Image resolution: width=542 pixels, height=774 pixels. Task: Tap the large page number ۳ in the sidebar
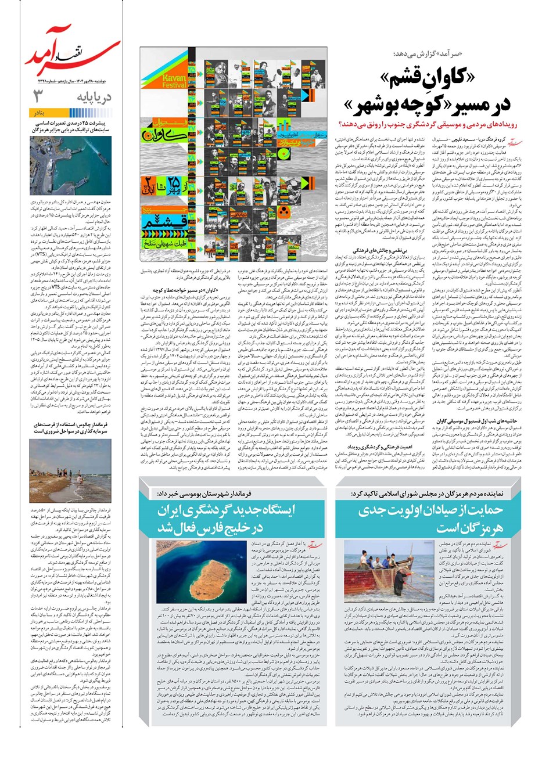40,95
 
